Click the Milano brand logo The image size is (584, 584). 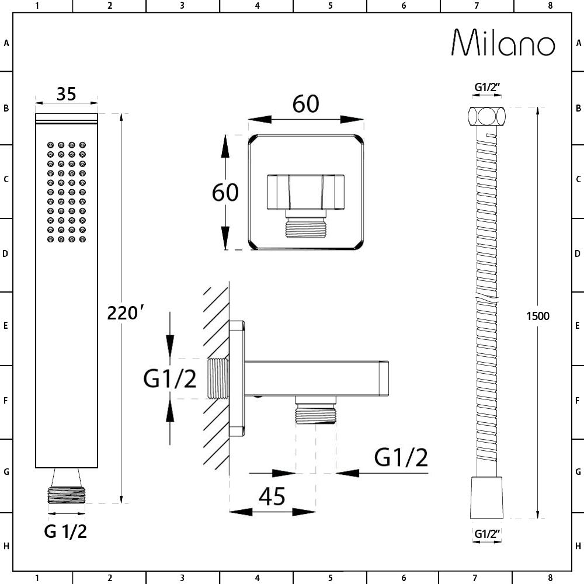503,43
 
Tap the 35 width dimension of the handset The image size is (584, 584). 67,94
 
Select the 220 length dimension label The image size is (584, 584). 125,312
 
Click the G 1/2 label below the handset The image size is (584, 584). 65,531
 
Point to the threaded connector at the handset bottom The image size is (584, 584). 67,495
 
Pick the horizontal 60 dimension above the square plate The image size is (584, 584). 306,104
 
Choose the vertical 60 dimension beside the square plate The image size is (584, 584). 225,193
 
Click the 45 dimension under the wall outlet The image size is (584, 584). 272,496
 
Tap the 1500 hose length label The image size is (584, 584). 538,316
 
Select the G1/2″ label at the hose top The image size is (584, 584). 487,87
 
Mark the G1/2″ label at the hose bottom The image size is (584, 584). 487,534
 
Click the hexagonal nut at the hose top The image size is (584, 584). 487,116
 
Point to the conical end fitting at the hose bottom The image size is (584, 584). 487,497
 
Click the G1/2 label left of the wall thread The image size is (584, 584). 170,379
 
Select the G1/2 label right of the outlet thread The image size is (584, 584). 401,457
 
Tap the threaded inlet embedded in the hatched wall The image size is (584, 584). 217,378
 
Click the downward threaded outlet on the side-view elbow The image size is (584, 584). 316,411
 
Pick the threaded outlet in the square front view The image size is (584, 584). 306,224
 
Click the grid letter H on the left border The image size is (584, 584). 6,547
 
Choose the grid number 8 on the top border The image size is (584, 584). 551,6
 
